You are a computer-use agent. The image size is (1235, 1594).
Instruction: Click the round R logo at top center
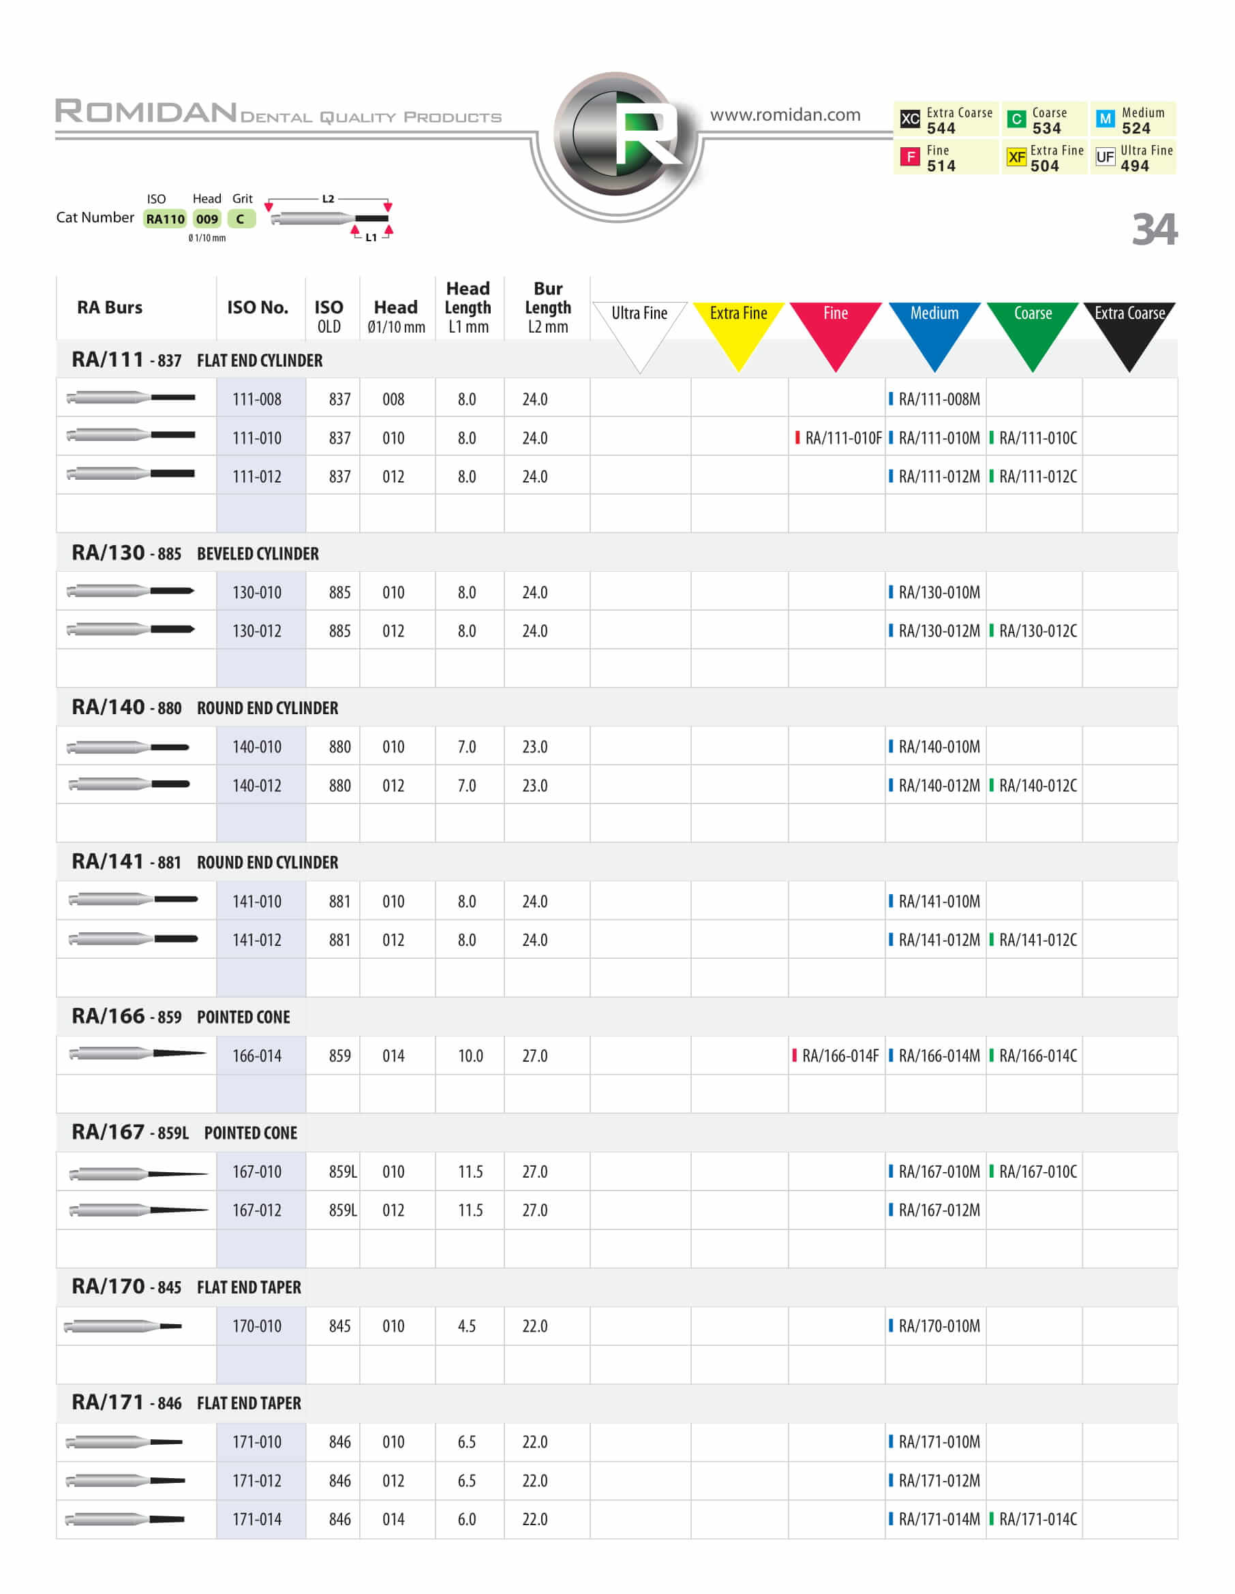617,134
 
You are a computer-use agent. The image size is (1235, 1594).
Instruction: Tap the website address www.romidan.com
784,114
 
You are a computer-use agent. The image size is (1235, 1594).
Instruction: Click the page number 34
1154,229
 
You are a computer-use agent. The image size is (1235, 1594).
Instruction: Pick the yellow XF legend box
1016,157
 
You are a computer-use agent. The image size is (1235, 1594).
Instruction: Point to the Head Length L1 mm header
468,307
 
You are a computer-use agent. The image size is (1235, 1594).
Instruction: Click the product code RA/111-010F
842,438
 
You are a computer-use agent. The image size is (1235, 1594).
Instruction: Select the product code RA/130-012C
1037,630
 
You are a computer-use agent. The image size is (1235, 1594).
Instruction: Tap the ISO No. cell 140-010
257,747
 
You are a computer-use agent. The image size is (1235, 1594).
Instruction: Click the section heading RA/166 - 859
126,1016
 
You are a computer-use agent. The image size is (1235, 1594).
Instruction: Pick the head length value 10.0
470,1056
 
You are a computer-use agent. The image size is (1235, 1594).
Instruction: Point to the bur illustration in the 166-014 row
136,1053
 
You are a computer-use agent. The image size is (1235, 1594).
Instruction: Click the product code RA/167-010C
1037,1171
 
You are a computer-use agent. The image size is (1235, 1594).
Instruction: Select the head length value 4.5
466,1325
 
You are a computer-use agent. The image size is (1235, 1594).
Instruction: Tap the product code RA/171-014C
1037,1519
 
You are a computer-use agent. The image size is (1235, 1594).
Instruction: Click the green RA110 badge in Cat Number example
165,219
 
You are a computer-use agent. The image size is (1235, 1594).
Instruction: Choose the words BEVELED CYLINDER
258,554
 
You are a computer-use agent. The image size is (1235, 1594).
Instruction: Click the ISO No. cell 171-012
257,1480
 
